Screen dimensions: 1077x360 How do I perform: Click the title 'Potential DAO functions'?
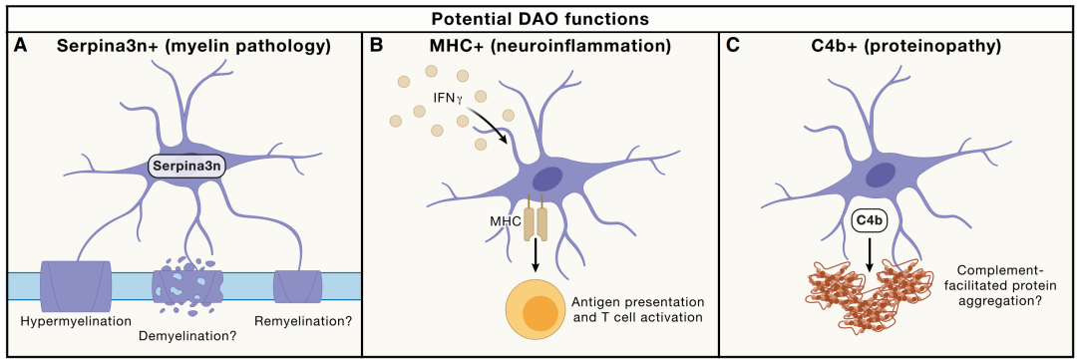point(538,19)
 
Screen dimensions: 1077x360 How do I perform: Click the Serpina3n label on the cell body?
point(186,168)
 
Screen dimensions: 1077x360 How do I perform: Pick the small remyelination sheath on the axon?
point(298,286)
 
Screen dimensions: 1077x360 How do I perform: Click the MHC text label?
point(507,222)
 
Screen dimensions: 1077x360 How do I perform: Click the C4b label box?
point(867,220)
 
